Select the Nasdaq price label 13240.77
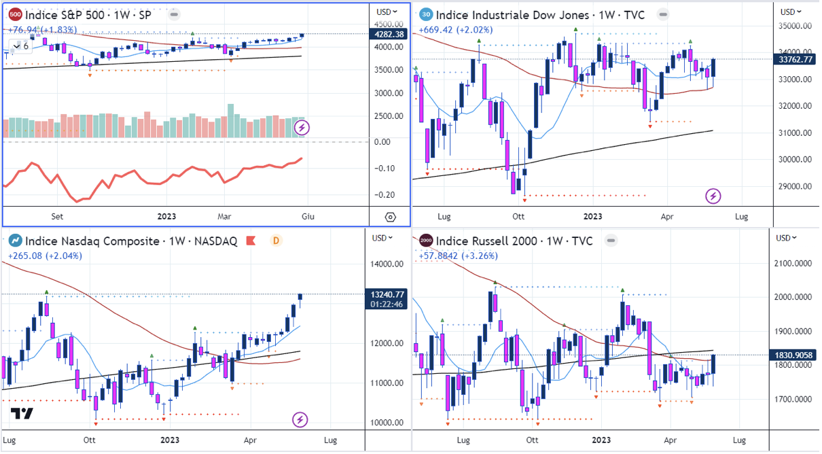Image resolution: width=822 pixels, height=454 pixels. [389, 294]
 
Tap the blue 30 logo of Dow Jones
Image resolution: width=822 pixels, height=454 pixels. [425, 14]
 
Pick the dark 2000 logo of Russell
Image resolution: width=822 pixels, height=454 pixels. [425, 241]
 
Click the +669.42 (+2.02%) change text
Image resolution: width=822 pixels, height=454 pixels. [455, 29]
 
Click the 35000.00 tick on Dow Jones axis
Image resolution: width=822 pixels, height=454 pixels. [795, 26]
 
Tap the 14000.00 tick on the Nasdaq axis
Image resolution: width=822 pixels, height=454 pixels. [388, 264]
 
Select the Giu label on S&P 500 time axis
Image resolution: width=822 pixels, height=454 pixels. [308, 217]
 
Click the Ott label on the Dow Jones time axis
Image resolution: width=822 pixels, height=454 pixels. [519, 217]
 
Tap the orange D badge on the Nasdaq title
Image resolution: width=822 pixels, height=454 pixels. [276, 241]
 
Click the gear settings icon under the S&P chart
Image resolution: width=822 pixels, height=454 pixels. [390, 217]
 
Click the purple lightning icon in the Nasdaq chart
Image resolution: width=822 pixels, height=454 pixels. [300, 420]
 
